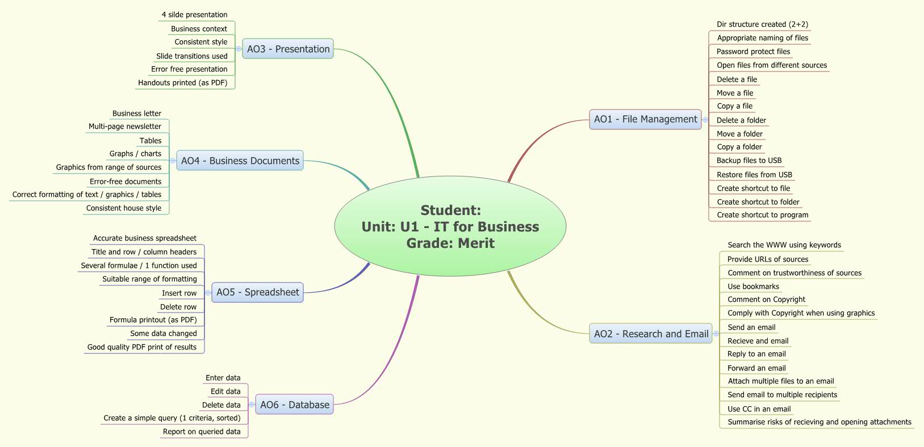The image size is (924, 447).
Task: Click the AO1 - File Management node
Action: tap(645, 119)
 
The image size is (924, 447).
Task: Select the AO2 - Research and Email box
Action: tap(651, 334)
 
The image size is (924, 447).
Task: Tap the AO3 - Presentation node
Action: tap(288, 49)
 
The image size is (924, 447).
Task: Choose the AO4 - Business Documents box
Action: tap(240, 161)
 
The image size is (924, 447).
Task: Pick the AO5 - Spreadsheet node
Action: tap(257, 292)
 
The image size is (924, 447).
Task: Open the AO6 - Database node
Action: tap(294, 404)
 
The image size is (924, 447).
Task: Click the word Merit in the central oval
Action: tap(475, 243)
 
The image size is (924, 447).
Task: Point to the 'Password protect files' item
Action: tap(753, 52)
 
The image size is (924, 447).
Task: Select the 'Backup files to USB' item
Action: tap(749, 161)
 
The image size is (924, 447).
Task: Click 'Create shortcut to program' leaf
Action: tap(762, 215)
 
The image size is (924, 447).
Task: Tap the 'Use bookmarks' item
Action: tap(753, 286)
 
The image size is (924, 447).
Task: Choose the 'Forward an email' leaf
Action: tap(756, 368)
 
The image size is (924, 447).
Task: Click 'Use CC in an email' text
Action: tap(759, 409)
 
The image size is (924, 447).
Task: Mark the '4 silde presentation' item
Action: tap(194, 15)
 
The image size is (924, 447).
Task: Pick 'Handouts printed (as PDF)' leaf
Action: tap(182, 83)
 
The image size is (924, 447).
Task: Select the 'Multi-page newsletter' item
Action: tap(124, 126)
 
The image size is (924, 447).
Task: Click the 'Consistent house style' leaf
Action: tap(123, 208)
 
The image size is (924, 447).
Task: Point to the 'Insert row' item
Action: tap(179, 293)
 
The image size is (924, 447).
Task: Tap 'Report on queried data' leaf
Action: tap(201, 432)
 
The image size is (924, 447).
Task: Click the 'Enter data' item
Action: tap(223, 378)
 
